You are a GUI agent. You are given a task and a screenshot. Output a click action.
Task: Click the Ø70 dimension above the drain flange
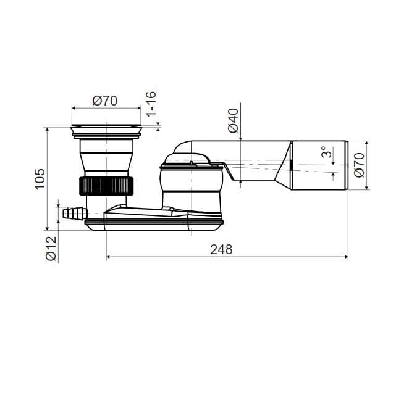coord(105,101)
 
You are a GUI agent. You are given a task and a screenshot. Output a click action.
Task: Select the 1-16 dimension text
coord(151,104)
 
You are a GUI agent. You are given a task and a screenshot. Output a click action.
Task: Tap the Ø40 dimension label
coord(234,120)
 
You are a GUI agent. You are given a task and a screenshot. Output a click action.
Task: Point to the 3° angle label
coord(327,152)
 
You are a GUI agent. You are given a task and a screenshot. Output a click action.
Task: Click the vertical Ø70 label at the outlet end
coord(360,165)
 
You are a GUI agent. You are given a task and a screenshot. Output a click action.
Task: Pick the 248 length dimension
coord(221,249)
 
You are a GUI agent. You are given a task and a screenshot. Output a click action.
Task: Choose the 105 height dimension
coord(40,179)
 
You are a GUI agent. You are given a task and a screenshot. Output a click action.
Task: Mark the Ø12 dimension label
coord(51,249)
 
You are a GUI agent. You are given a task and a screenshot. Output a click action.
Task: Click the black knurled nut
coord(106,186)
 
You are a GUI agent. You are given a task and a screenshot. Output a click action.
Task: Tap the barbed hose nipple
coord(74,213)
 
